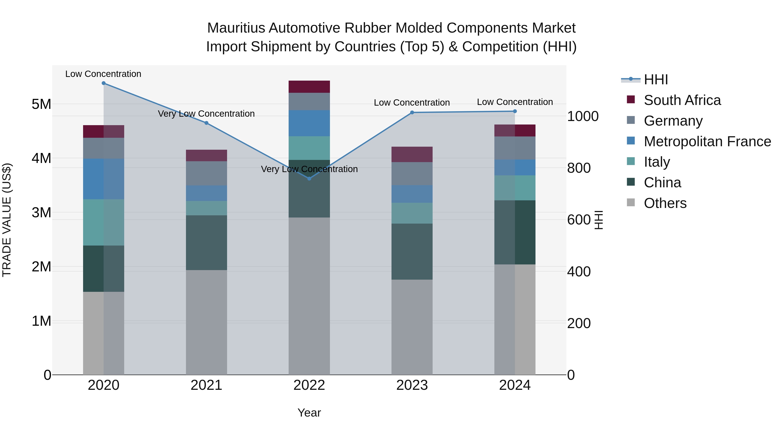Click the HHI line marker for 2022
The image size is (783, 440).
click(309, 179)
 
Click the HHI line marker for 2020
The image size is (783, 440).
click(104, 83)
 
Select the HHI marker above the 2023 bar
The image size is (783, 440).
click(412, 112)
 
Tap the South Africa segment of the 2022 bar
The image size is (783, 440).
click(309, 87)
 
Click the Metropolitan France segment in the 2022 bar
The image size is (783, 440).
click(309, 123)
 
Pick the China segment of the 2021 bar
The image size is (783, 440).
click(206, 243)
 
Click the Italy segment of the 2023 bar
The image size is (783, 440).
click(412, 213)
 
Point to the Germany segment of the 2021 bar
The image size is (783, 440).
click(206, 173)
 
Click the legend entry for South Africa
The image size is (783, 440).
click(682, 100)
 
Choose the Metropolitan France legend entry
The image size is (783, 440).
click(707, 141)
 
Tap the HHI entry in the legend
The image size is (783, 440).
click(656, 80)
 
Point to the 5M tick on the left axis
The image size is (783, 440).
click(41, 104)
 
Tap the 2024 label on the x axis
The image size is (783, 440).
click(515, 385)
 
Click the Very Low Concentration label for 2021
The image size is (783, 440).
click(206, 114)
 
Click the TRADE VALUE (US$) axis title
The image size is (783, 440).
click(7, 220)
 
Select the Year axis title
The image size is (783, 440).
click(309, 413)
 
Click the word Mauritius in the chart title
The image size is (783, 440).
click(237, 28)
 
